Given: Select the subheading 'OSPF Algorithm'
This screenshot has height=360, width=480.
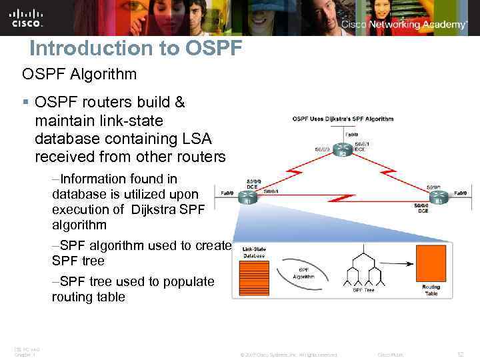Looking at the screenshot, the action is (x=79, y=74).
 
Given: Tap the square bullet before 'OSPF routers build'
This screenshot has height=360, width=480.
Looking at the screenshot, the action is (x=26, y=103).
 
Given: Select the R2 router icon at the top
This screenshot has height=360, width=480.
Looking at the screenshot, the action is (x=343, y=151).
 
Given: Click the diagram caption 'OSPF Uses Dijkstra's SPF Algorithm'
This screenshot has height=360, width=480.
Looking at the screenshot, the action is (x=342, y=119).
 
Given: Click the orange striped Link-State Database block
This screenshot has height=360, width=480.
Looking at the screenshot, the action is (x=253, y=279).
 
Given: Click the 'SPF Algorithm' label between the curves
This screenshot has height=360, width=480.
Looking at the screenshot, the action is (x=303, y=274).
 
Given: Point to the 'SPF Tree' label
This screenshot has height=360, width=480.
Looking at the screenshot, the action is (x=363, y=289).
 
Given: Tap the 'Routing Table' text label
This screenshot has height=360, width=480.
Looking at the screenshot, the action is (x=431, y=290).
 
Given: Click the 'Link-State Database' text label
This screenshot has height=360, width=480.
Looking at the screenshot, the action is (x=253, y=252).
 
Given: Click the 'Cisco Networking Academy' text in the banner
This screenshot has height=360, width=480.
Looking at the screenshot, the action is (x=404, y=25).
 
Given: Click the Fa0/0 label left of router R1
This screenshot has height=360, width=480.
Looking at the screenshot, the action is (x=227, y=192).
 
